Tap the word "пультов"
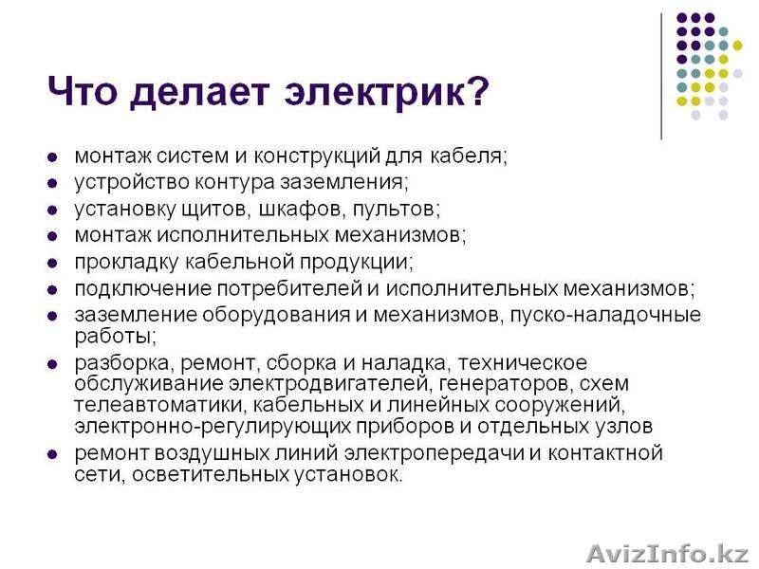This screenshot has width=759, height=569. (x=404, y=207)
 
